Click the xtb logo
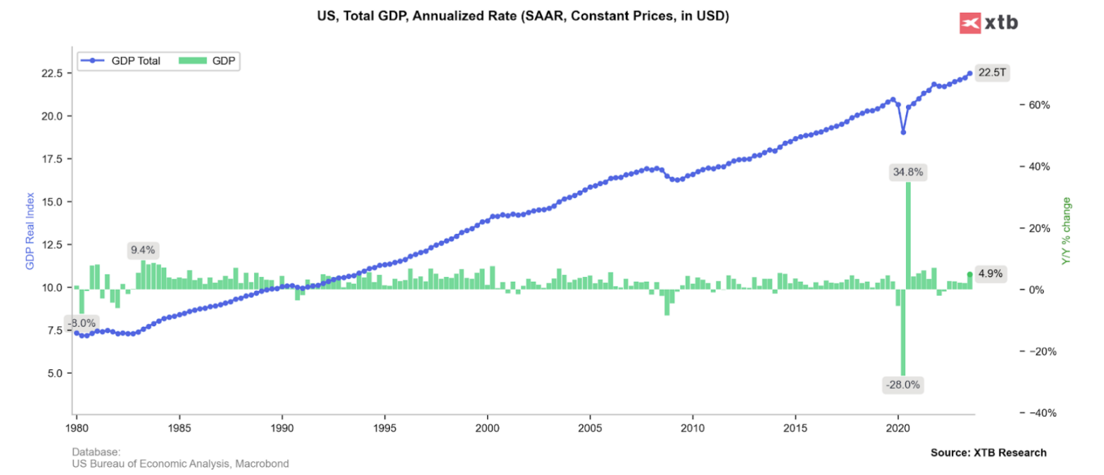(988, 23)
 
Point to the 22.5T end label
(992, 73)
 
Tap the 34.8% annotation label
(908, 172)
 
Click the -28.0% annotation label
(902, 385)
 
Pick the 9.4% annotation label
(143, 250)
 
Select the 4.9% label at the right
(990, 274)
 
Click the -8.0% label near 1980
(82, 323)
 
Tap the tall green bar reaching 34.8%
(908, 234)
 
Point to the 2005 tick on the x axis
(590, 428)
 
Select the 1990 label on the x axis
(282, 428)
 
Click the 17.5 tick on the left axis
(52, 159)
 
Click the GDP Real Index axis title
(30, 231)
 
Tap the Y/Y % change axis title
(1066, 231)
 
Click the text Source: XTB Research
(988, 453)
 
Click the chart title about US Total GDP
(523, 16)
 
